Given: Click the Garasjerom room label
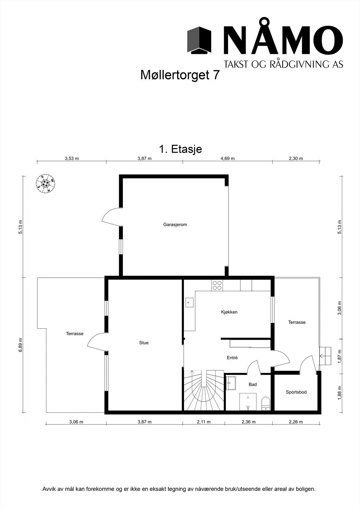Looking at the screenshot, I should [175, 225].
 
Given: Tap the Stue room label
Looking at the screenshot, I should [144, 343].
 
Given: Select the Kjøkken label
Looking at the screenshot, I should [229, 312].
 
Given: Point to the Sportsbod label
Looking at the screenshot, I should [296, 392].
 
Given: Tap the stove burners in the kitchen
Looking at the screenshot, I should [217, 285].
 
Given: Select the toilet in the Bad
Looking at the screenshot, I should [265, 404].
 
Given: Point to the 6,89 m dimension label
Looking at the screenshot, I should [20, 345].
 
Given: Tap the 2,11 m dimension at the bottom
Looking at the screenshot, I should [204, 422].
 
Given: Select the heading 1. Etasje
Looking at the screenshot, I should [180, 149].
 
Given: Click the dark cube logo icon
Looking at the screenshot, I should [199, 40].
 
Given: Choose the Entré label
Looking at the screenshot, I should [232, 358].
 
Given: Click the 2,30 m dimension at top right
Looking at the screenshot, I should [296, 158].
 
